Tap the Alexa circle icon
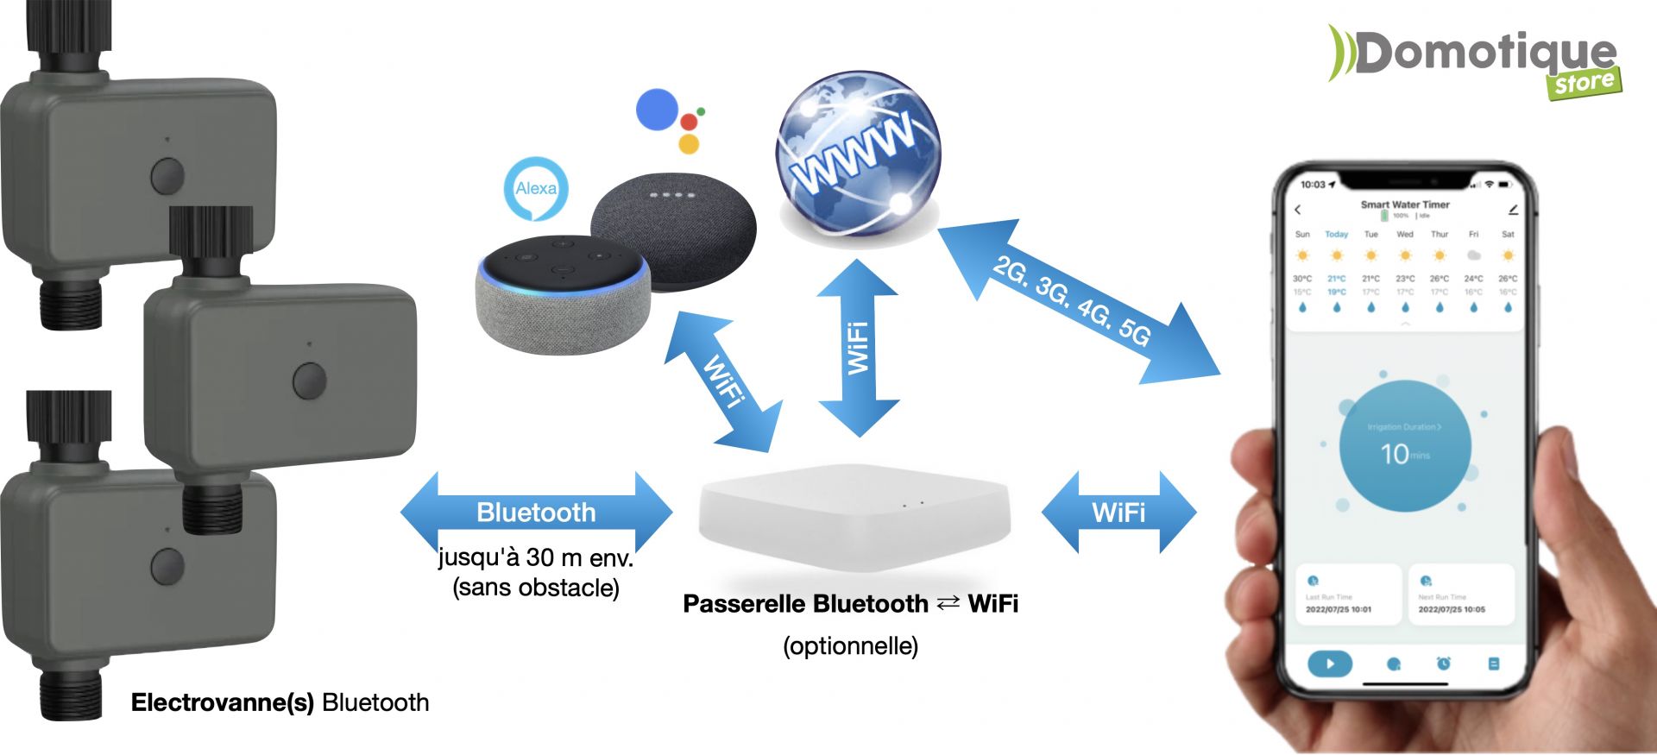coord(536,188)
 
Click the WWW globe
coord(858,156)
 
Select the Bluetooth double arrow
coord(536,513)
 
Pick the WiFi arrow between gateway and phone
coord(1118,513)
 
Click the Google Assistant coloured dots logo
coord(670,119)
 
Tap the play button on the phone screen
coord(1330,664)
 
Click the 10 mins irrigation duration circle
coord(1404,446)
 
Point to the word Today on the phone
coord(1336,235)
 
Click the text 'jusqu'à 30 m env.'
coord(536,558)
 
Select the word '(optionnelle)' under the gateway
coord(850,646)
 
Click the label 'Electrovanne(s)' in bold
coord(222,702)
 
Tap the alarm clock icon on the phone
coord(1443,664)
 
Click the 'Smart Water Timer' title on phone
coord(1405,204)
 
